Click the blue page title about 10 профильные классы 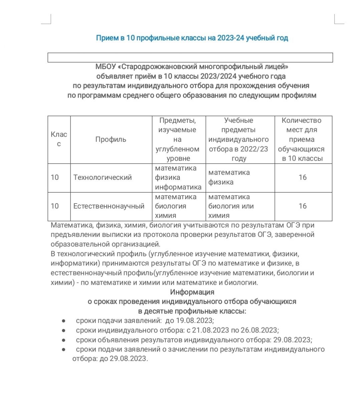click(192, 38)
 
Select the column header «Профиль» click(111, 139)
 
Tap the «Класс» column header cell click(59, 139)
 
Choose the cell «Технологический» click(103, 177)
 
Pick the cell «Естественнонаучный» click(109, 206)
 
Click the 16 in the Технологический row click(303, 177)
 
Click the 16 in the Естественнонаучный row click(303, 206)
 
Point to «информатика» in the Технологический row click(178, 187)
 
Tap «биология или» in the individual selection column click(231, 206)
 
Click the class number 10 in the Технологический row click(55, 177)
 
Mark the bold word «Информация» click(192, 292)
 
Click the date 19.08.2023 click(194, 320)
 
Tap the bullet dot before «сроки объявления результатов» click(63, 340)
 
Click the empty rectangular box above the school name click(190, 57)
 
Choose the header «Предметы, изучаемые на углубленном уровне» click(177, 139)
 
